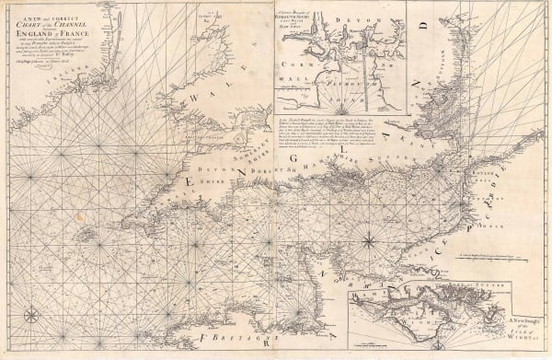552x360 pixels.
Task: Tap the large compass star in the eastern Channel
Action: [368, 243]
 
